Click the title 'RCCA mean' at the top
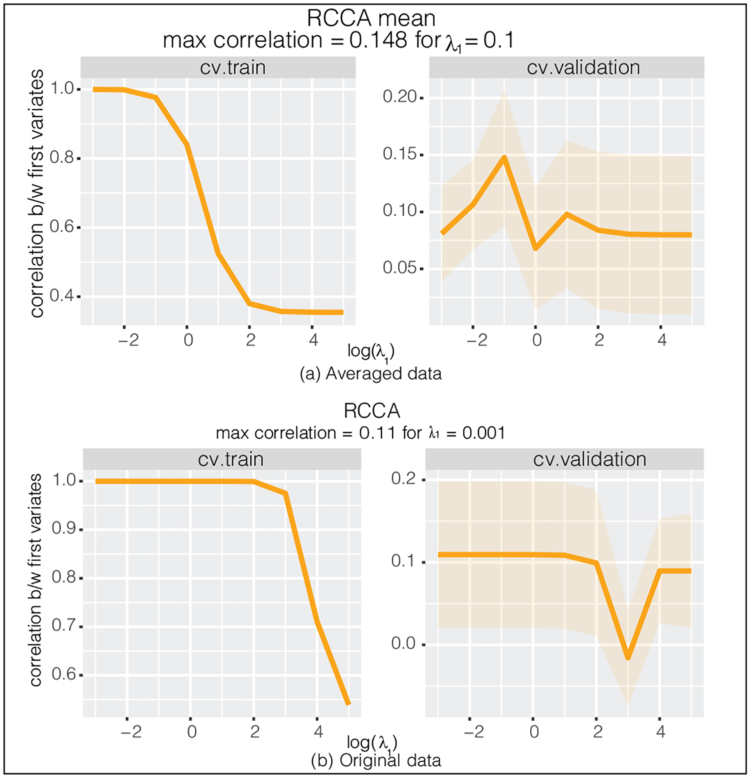pyautogui.click(x=371, y=18)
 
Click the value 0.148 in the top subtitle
pyautogui.click(x=378, y=40)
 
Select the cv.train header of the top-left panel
pyautogui.click(x=232, y=68)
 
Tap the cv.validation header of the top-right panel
pyautogui.click(x=583, y=68)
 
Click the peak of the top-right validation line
pyautogui.click(x=504, y=158)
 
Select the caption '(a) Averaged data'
pyautogui.click(x=370, y=373)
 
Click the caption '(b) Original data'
pyautogui.click(x=375, y=760)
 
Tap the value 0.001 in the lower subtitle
pyautogui.click(x=484, y=433)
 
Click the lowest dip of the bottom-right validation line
pyautogui.click(x=628, y=658)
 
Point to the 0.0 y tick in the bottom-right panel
pyautogui.click(x=403, y=644)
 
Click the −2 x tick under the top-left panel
pyautogui.click(x=128, y=340)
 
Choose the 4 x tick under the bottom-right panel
pyautogui.click(x=660, y=732)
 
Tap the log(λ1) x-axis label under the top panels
pyautogui.click(x=371, y=352)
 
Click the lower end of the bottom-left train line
pyautogui.click(x=348, y=704)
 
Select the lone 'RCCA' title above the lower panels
pyautogui.click(x=372, y=411)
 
